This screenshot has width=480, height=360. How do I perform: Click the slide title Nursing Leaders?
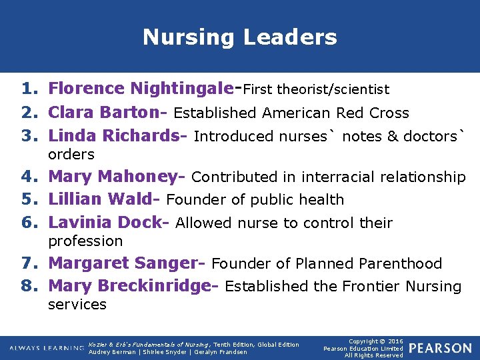(239, 37)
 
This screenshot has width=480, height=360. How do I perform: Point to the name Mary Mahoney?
(116, 177)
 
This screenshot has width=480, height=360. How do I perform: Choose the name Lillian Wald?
(103, 199)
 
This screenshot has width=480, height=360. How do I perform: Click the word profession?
(85, 241)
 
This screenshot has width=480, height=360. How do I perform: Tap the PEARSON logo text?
(440, 348)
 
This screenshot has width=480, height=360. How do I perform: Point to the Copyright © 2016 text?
(374, 341)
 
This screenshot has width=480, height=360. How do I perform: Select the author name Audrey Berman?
(111, 352)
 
